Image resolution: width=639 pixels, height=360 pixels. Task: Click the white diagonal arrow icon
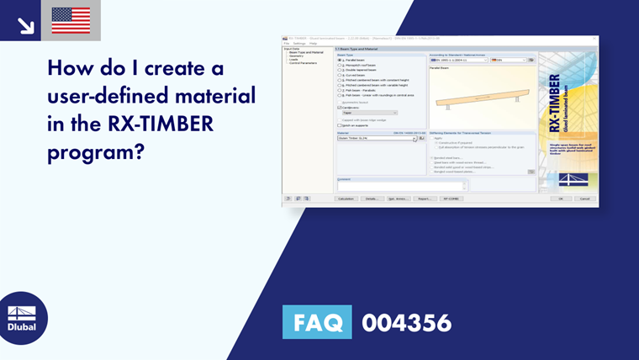point(25,25)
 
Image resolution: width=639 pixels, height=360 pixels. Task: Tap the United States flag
point(71,21)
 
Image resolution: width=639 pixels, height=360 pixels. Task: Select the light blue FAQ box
point(317,322)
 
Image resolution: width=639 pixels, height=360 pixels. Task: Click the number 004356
point(406,323)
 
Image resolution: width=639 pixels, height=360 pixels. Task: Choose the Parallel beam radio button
point(340,61)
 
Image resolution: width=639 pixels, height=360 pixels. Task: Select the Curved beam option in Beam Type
point(340,74)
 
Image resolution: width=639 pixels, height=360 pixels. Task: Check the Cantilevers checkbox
point(340,108)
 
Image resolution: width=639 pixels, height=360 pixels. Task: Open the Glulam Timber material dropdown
point(415,138)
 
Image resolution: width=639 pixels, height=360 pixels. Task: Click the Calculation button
point(345,199)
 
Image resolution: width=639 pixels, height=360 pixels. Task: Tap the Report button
point(424,199)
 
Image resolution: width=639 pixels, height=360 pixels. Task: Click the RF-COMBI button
point(451,199)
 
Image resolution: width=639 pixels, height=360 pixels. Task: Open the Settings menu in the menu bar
point(298,43)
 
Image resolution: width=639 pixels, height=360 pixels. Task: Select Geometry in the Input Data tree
point(297,56)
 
